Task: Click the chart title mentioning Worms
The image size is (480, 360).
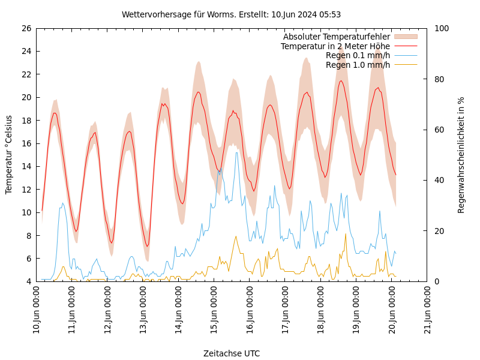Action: pos(231,14)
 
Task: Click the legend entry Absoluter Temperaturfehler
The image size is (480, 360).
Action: pos(336,37)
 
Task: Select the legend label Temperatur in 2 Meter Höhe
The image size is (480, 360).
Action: pos(335,46)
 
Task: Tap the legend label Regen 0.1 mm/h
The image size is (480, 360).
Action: pos(358,56)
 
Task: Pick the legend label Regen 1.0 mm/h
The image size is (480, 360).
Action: pos(358,65)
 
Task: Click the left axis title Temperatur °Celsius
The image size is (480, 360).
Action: pos(9,155)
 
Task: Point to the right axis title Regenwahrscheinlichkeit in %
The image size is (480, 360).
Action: pos(461,155)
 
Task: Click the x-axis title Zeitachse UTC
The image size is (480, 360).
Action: pos(231,353)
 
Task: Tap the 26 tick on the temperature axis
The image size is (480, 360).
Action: pos(25,28)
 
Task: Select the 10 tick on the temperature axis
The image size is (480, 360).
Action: pos(25,212)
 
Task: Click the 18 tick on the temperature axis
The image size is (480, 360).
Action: pos(25,121)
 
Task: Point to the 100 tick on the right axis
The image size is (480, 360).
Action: pos(441,28)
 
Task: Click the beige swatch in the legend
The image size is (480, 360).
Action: pos(406,37)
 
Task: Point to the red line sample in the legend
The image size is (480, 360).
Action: pos(406,46)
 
